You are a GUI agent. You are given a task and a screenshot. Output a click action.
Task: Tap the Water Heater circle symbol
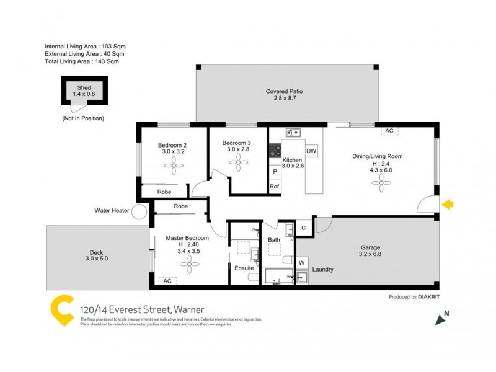[141, 211]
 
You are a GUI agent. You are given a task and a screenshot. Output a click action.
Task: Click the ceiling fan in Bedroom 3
[238, 161]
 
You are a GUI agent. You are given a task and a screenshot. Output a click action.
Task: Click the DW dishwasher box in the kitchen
[311, 151]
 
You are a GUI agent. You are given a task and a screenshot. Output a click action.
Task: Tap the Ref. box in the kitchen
[275, 187]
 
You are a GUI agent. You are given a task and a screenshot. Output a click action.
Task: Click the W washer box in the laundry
[303, 262]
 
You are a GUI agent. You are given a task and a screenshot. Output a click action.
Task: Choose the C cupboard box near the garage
[304, 228]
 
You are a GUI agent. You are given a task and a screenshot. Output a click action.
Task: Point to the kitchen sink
[293, 132]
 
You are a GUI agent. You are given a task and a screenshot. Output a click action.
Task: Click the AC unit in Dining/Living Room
[389, 131]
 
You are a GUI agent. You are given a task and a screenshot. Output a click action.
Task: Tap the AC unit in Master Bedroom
[167, 281]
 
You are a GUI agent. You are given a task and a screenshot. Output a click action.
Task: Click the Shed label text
[84, 87]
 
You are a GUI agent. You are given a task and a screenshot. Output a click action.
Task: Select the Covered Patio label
[285, 91]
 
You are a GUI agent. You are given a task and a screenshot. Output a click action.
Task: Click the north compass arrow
[441, 319]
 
